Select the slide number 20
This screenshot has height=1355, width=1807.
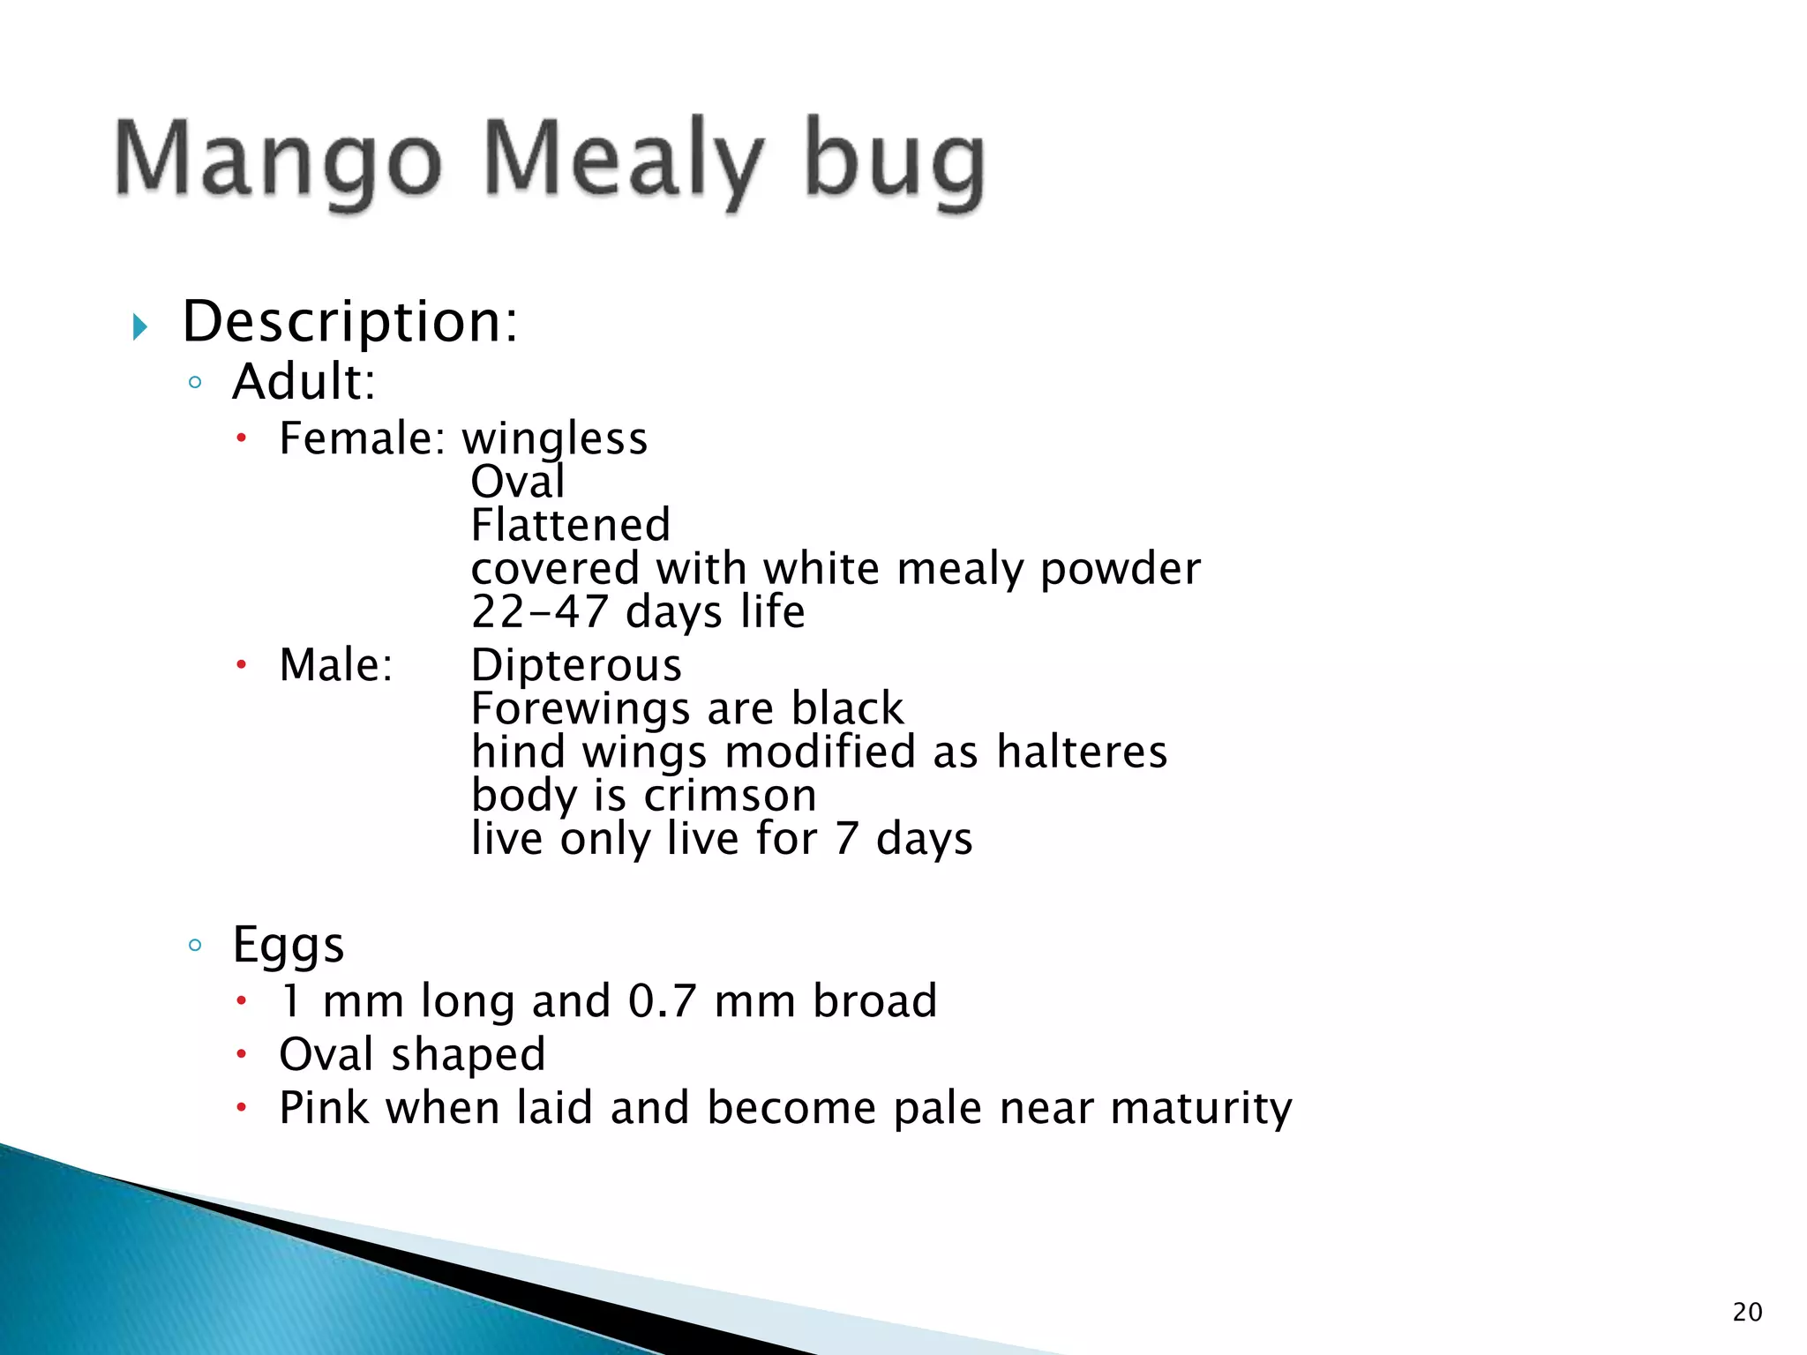coord(1747,1312)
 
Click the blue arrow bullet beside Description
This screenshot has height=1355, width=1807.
coord(139,327)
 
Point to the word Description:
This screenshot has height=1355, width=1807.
coord(350,322)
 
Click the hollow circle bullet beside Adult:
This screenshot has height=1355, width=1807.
coord(196,383)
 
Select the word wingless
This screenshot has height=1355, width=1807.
coord(555,438)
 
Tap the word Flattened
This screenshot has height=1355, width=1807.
coord(571,525)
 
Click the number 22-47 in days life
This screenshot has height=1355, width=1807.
coord(539,611)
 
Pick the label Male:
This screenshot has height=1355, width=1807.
coord(336,664)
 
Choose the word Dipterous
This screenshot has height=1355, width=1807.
coord(576,665)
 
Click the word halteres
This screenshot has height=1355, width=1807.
coord(1082,752)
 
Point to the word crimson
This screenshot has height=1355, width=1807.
coord(730,796)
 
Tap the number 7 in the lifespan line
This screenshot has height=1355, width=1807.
coord(846,838)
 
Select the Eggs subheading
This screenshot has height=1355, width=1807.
coord(288,945)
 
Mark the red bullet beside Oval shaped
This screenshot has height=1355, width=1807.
coord(242,1053)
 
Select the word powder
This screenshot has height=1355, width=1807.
coord(1120,570)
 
